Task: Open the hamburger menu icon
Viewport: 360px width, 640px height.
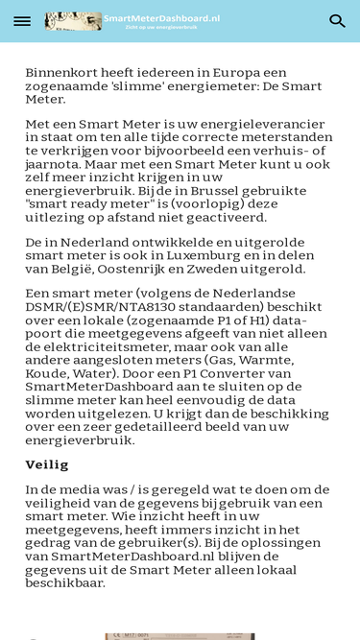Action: pos(22,21)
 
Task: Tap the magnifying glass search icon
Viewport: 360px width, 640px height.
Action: pos(337,21)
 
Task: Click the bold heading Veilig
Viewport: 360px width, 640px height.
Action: pos(47,464)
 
